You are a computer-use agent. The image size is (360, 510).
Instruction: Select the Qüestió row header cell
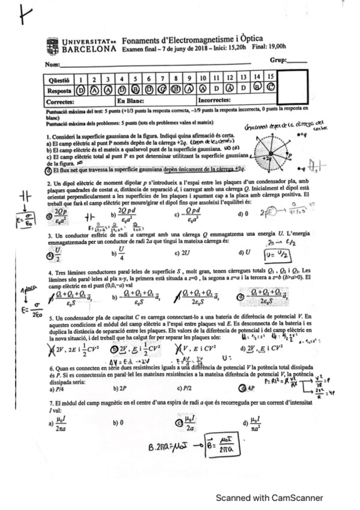point(58,79)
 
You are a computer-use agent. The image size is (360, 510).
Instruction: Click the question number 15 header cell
point(272,78)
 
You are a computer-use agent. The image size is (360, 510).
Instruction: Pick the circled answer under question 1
point(79,90)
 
